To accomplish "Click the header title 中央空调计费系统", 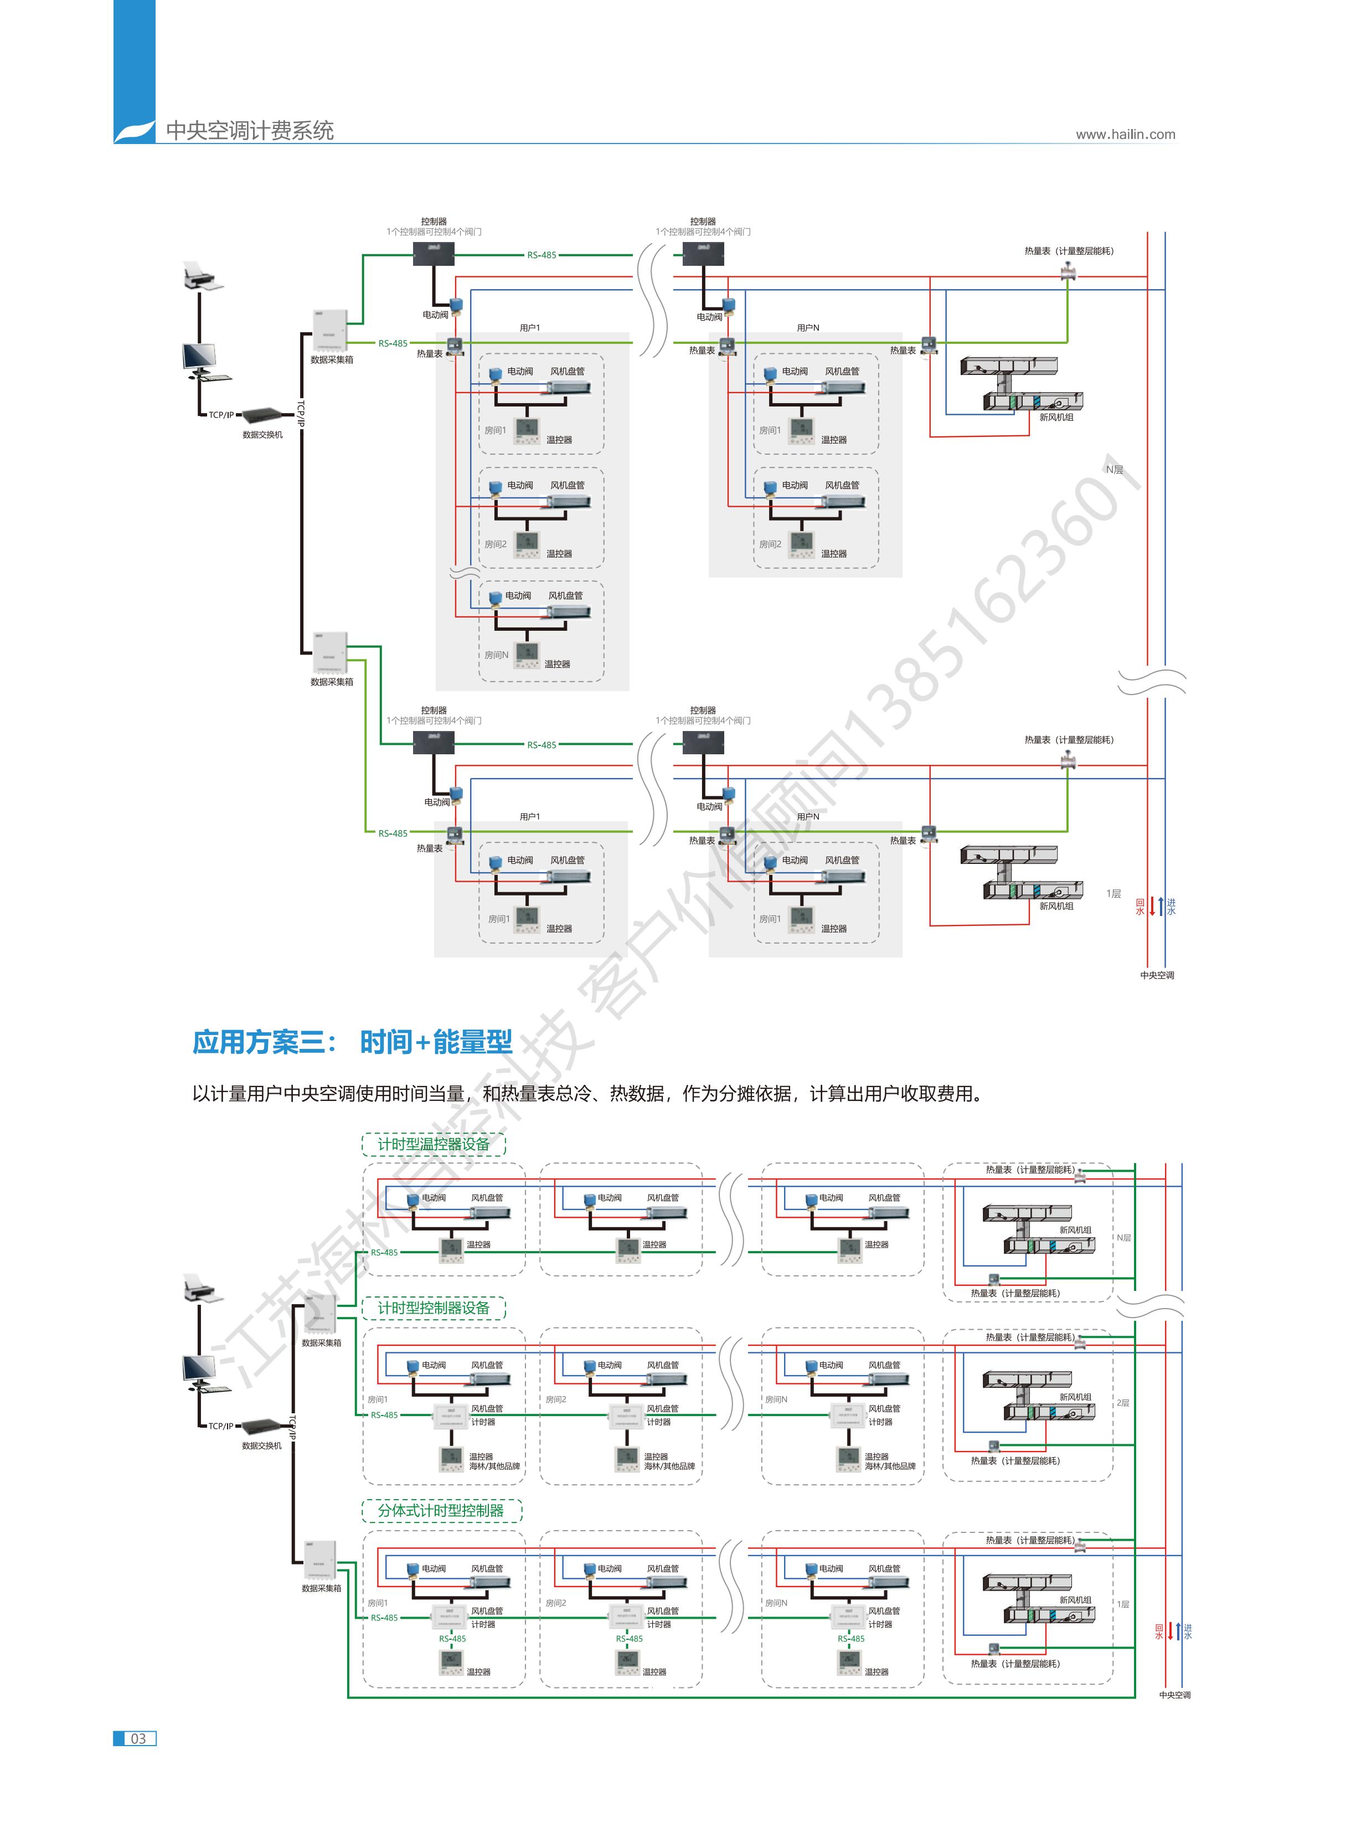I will tap(250, 131).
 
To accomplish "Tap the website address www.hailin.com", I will tap(1125, 135).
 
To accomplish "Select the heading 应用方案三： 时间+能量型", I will tap(352, 1042).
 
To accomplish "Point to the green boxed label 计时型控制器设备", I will tap(434, 1308).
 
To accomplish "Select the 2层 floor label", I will tap(1123, 1403).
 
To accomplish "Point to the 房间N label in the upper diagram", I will tap(496, 655).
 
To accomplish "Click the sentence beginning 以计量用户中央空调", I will tap(587, 1093).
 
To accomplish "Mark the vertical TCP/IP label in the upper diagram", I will tap(301, 414).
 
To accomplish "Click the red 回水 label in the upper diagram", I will tap(1140, 906).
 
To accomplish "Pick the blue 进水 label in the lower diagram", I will tap(1188, 1631).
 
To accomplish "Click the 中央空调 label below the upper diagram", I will tap(1157, 975).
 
